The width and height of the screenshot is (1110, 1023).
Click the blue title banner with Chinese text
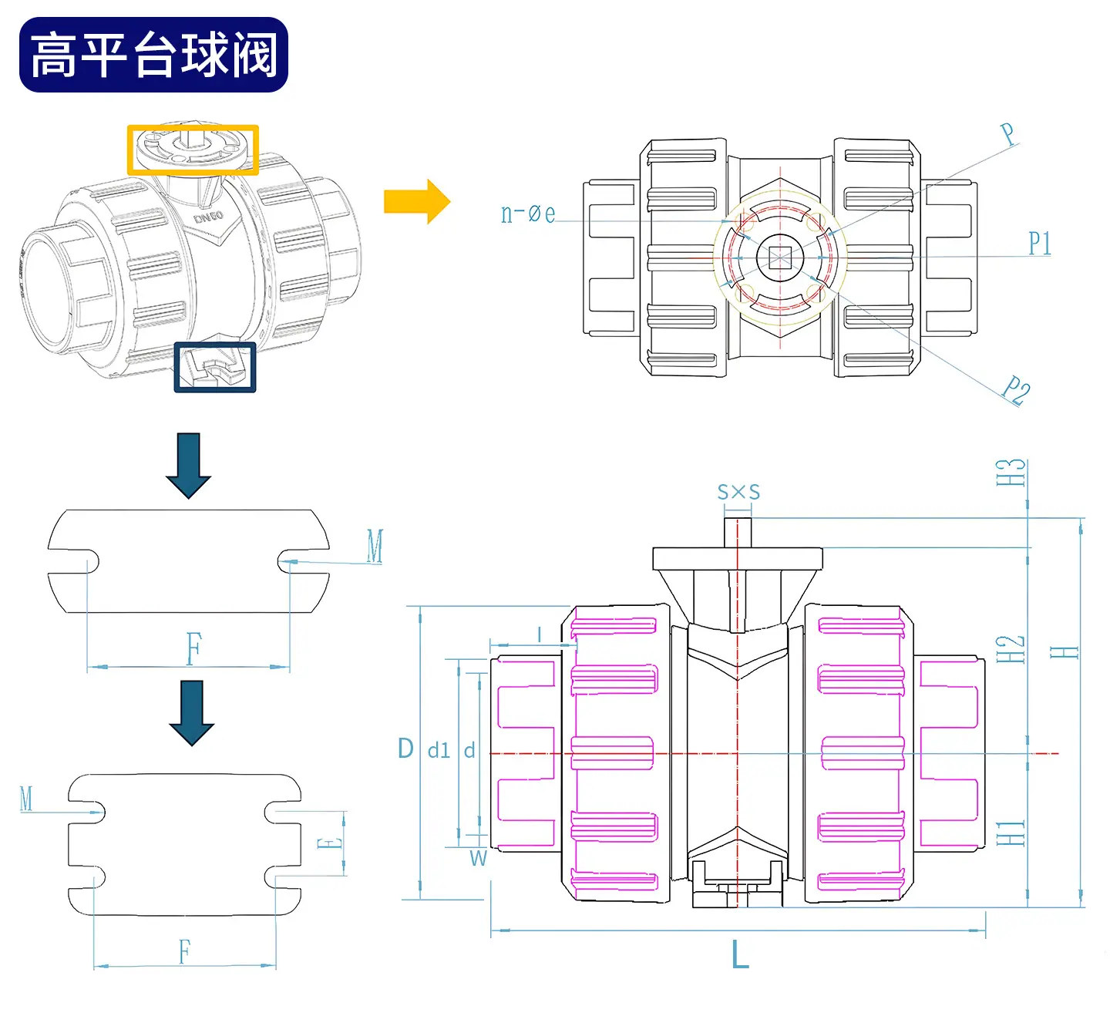pyautogui.click(x=153, y=54)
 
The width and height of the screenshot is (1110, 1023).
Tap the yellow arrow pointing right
pyautogui.click(x=417, y=201)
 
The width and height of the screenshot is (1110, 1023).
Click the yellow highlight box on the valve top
pyautogui.click(x=193, y=150)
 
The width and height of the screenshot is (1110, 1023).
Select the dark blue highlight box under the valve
pyautogui.click(x=215, y=367)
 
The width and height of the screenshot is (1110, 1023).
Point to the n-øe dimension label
pyautogui.click(x=528, y=214)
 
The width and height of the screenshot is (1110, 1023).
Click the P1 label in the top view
pyautogui.click(x=1040, y=244)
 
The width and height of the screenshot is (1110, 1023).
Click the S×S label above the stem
pyautogui.click(x=738, y=492)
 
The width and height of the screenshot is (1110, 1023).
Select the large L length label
pyautogui.click(x=740, y=954)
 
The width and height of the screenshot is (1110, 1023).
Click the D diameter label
pyautogui.click(x=405, y=749)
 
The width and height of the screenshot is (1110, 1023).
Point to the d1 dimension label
pyautogui.click(x=439, y=751)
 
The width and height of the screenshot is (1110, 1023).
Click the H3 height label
pyautogui.click(x=1011, y=473)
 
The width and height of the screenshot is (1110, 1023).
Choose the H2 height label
pyautogui.click(x=1011, y=649)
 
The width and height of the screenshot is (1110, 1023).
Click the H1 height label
pyautogui.click(x=1011, y=833)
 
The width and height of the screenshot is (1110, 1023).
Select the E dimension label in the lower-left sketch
pyautogui.click(x=330, y=843)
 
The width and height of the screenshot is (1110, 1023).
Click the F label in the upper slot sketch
pyautogui.click(x=193, y=648)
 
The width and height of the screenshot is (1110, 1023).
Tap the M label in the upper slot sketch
pyautogui.click(x=375, y=546)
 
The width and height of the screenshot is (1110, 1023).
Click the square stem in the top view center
pyautogui.click(x=779, y=257)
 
